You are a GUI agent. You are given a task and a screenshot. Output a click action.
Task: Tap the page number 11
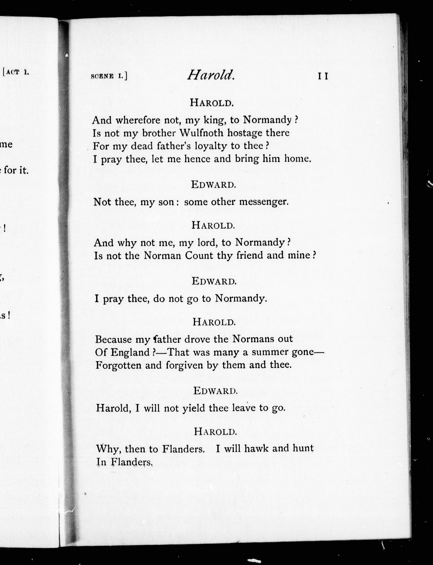point(323,76)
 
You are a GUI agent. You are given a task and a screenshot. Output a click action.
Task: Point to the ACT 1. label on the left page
point(16,72)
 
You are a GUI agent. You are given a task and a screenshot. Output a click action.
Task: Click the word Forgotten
point(118,365)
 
